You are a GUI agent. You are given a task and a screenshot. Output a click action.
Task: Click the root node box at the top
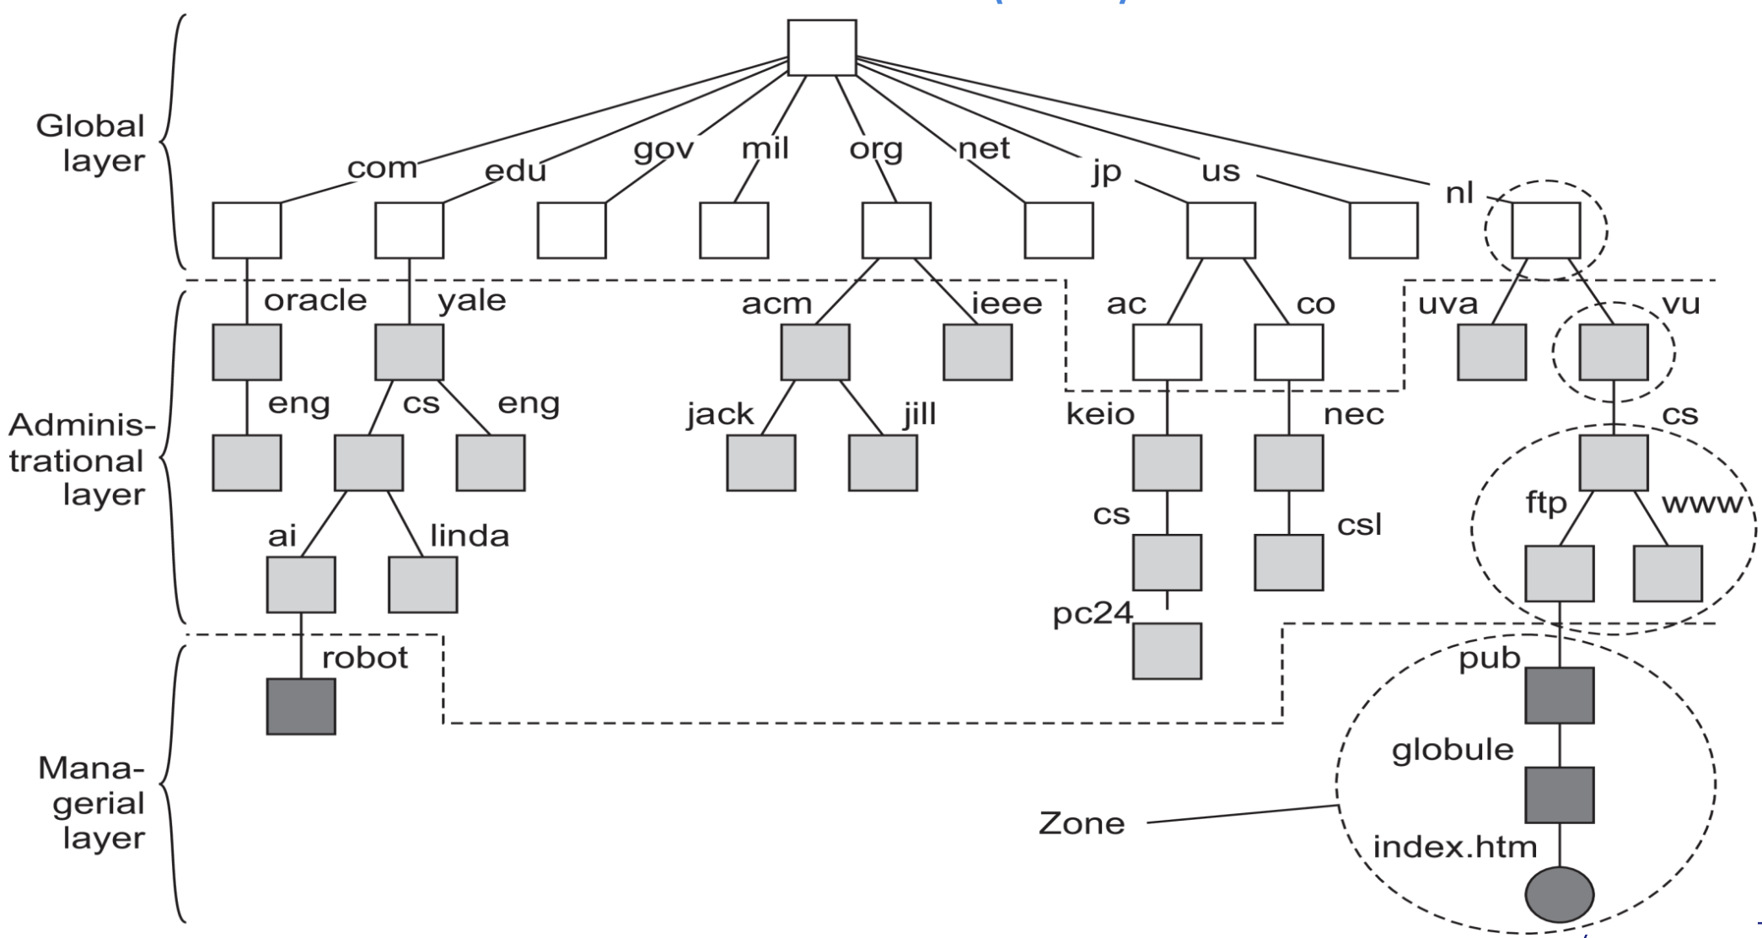point(821,48)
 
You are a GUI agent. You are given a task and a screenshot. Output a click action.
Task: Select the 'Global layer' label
point(91,143)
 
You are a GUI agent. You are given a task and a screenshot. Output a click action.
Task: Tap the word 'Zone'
point(1081,823)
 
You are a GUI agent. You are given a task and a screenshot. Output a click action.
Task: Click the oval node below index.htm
point(1559,894)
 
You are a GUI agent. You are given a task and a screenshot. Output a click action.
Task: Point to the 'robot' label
point(365,658)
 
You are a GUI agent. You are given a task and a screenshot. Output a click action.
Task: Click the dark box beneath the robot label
point(301,706)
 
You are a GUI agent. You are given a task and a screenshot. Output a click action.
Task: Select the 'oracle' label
point(315,300)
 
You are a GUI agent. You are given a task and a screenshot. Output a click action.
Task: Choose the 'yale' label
point(471,300)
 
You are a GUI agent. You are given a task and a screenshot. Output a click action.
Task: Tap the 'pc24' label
point(1092,613)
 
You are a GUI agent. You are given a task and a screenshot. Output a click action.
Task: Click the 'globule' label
point(1452,750)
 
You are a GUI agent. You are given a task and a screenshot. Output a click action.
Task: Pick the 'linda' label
point(470,536)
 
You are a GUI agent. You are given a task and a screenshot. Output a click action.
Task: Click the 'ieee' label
point(1007,303)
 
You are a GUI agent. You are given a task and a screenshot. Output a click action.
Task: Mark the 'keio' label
point(1099,414)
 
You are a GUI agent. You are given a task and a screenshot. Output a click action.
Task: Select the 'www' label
point(1700,504)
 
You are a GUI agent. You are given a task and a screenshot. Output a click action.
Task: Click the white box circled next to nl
point(1545,230)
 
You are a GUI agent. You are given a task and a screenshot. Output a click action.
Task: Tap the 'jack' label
point(719,414)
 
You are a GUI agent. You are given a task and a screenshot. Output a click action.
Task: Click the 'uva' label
point(1448,303)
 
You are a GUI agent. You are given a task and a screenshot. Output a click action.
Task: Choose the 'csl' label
point(1359,525)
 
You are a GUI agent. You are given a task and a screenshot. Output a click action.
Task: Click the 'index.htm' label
point(1455,847)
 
